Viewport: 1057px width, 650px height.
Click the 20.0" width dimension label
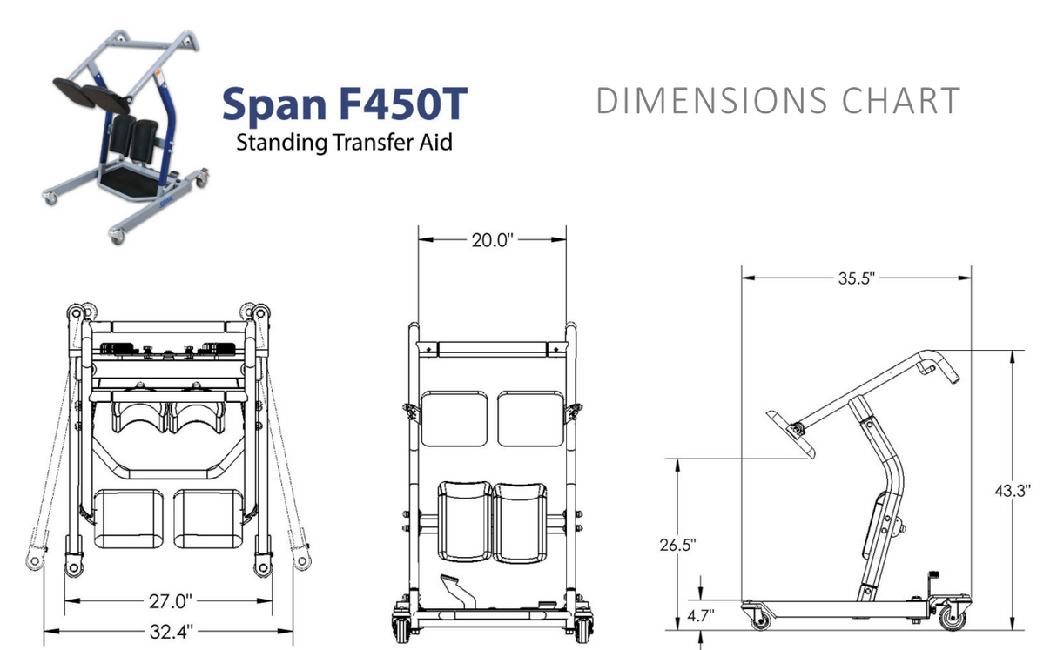[492, 240]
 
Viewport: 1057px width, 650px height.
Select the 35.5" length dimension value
[857, 278]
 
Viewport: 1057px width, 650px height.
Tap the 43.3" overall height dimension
[1013, 491]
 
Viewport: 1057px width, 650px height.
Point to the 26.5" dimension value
[677, 545]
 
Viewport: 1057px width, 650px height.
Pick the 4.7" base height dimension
[700, 615]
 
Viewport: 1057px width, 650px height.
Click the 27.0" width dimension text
[171, 601]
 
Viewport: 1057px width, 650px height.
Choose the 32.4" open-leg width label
[172, 632]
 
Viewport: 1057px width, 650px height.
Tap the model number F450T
[403, 104]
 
